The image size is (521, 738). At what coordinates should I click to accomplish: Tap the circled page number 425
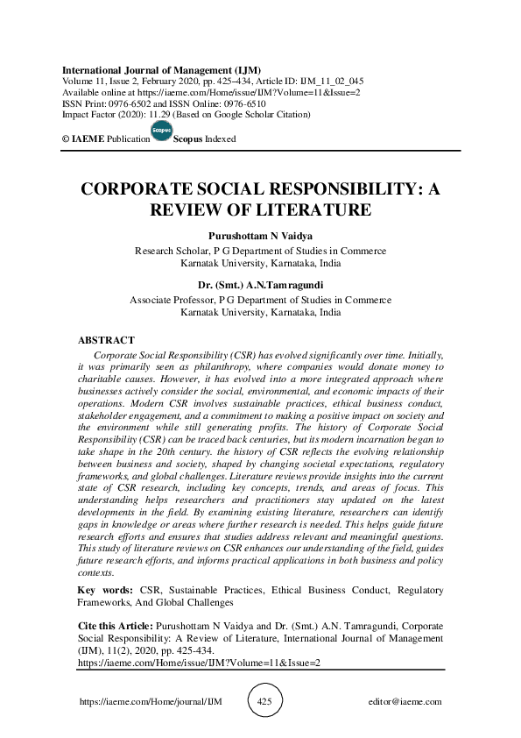pos(265,702)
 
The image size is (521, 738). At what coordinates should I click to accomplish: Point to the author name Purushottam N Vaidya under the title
pos(260,237)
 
